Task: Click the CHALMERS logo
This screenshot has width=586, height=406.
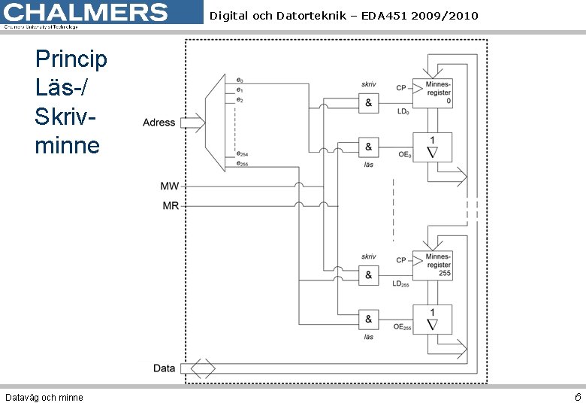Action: coord(86,14)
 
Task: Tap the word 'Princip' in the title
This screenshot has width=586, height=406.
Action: coord(71,59)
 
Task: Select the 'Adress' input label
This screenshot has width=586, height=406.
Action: coord(159,123)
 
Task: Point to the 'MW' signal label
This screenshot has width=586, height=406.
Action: coord(170,185)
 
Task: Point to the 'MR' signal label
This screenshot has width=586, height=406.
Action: coord(171,205)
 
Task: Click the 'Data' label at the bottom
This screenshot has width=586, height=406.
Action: coord(164,368)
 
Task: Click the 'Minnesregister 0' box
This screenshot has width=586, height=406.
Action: coord(437,92)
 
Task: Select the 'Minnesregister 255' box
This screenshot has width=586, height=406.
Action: coord(437,265)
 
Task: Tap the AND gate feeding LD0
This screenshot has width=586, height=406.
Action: coord(368,103)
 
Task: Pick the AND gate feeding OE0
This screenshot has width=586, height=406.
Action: coord(368,147)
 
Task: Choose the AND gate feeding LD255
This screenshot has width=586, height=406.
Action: coord(368,275)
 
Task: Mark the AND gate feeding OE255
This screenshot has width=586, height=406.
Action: coord(368,319)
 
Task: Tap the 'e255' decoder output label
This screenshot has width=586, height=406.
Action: coord(243,163)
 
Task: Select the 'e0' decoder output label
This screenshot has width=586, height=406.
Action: coord(240,80)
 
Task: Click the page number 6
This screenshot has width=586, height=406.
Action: coord(577,396)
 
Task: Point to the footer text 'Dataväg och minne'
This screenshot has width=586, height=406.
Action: coord(44,397)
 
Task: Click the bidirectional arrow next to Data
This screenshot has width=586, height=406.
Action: coord(202,368)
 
